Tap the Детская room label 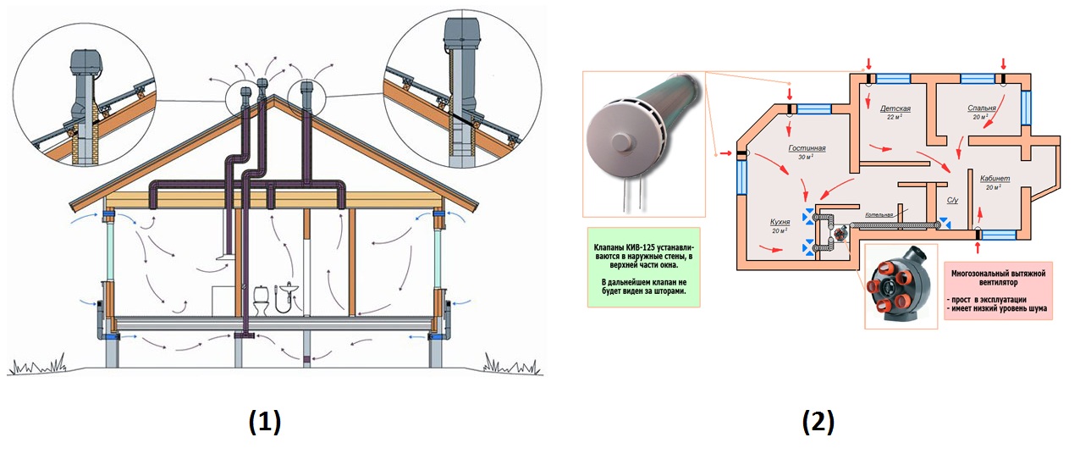coord(895,109)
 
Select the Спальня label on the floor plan coord(983,109)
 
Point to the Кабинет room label coord(995,179)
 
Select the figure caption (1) coord(264,421)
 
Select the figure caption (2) coord(818,421)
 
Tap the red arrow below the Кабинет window coord(979,246)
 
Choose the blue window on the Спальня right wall coord(1028,107)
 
